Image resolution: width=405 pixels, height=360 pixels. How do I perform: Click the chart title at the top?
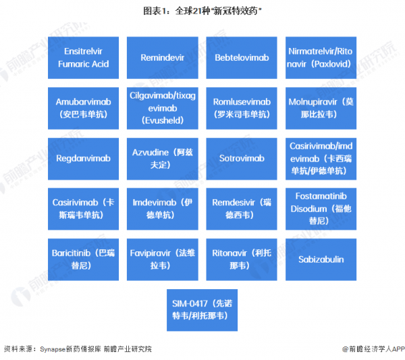pyautogui.click(x=202, y=11)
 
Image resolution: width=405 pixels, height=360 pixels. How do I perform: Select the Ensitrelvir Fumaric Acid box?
pyautogui.click(x=84, y=57)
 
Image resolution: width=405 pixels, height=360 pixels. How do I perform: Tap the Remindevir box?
pyautogui.click(x=163, y=57)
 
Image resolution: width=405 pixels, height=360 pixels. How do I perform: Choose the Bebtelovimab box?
pyautogui.click(x=242, y=57)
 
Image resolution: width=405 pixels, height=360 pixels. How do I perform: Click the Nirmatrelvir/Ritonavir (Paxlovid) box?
pyautogui.click(x=321, y=57)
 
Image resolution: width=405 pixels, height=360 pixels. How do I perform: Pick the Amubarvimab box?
pyautogui.click(x=84, y=108)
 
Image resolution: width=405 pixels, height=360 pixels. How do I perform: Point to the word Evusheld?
pyautogui.click(x=163, y=120)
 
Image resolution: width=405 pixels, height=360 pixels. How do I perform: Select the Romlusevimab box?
pyautogui.click(x=242, y=108)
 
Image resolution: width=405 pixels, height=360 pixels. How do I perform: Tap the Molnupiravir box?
pyautogui.click(x=321, y=108)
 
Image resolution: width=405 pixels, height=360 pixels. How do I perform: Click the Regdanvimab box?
pyautogui.click(x=84, y=159)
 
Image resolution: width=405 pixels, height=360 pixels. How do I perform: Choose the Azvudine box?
pyautogui.click(x=163, y=159)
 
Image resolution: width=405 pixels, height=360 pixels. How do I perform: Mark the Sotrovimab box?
pyautogui.click(x=242, y=159)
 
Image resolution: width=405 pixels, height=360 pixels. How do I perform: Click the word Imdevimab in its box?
pyautogui.click(x=154, y=203)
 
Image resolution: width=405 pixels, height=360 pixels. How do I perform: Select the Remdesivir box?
pyautogui.click(x=242, y=209)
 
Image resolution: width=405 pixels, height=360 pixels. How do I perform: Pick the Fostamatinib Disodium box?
pyautogui.click(x=321, y=209)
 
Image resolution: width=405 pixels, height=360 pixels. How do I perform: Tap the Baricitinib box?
pyautogui.click(x=84, y=259)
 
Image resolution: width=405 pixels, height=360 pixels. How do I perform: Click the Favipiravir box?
pyautogui.click(x=163, y=259)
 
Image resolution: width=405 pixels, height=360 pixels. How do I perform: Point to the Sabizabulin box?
pyautogui.click(x=321, y=259)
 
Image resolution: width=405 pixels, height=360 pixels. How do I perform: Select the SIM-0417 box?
pyautogui.click(x=202, y=310)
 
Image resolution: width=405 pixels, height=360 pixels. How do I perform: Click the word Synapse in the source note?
pyautogui.click(x=53, y=349)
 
